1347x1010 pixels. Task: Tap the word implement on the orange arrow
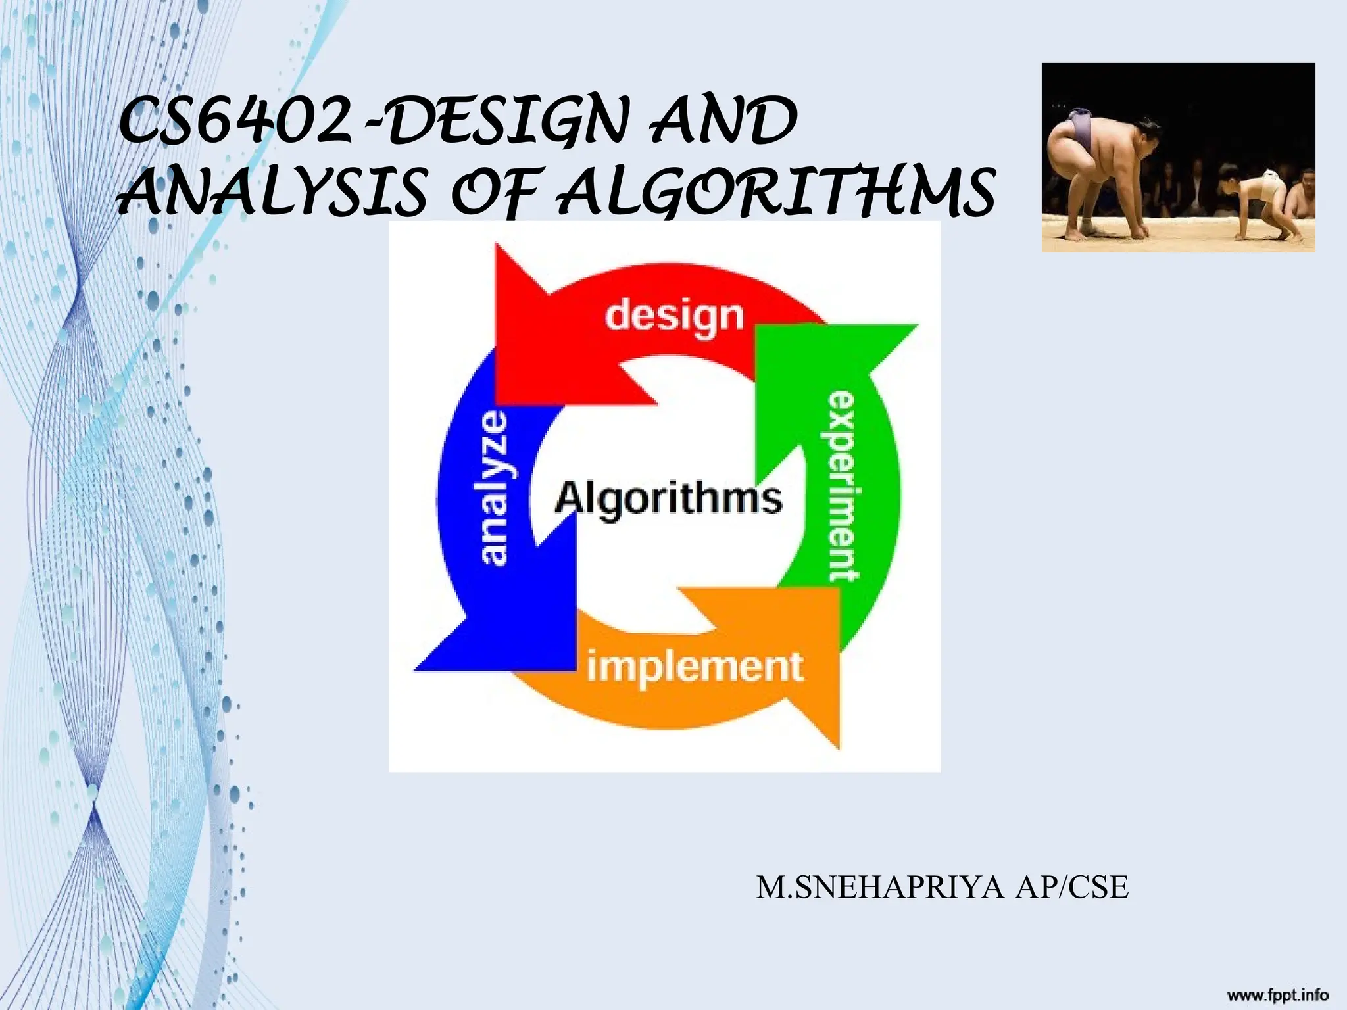pos(695,667)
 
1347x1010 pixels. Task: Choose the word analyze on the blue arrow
pos(495,488)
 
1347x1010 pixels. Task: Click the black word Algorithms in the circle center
pos(668,498)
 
